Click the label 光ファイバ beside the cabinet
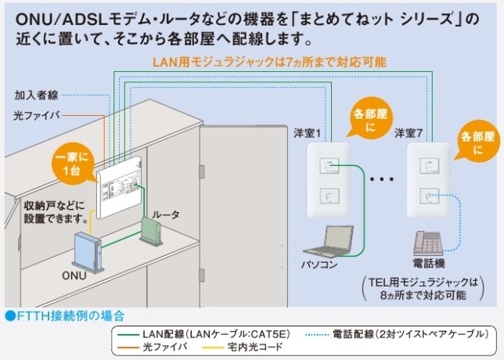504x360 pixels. pos(35,114)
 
